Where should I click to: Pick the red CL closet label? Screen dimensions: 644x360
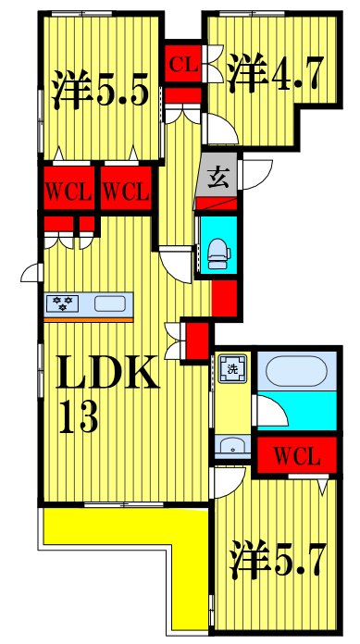183,64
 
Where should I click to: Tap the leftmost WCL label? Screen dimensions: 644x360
68,192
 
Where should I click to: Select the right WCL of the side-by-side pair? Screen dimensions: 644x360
125,192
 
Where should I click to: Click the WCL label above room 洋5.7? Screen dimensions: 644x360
297,455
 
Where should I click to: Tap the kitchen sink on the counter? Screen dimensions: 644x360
111,303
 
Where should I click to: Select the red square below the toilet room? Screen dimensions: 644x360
223,298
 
